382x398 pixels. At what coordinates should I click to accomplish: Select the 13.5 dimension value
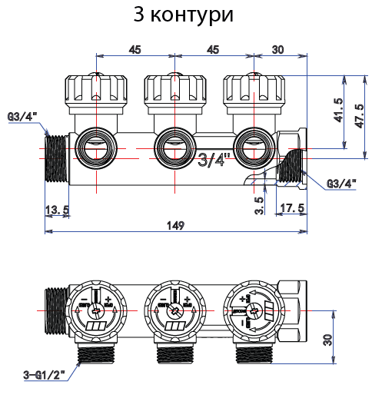pyautogui.click(x=58, y=210)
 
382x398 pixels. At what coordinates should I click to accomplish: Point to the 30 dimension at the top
pyautogui.click(x=277, y=49)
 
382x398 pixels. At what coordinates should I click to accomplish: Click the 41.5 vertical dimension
pyautogui.click(x=338, y=112)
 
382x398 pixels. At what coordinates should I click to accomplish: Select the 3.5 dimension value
pyautogui.click(x=259, y=206)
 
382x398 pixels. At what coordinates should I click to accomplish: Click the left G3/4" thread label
pyautogui.click(x=23, y=116)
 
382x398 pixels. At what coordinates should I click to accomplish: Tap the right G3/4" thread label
pyautogui.click(x=342, y=184)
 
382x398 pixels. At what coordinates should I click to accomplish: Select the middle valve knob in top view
pyautogui.click(x=173, y=95)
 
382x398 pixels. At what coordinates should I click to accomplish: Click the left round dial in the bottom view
pyautogui.click(x=96, y=312)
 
